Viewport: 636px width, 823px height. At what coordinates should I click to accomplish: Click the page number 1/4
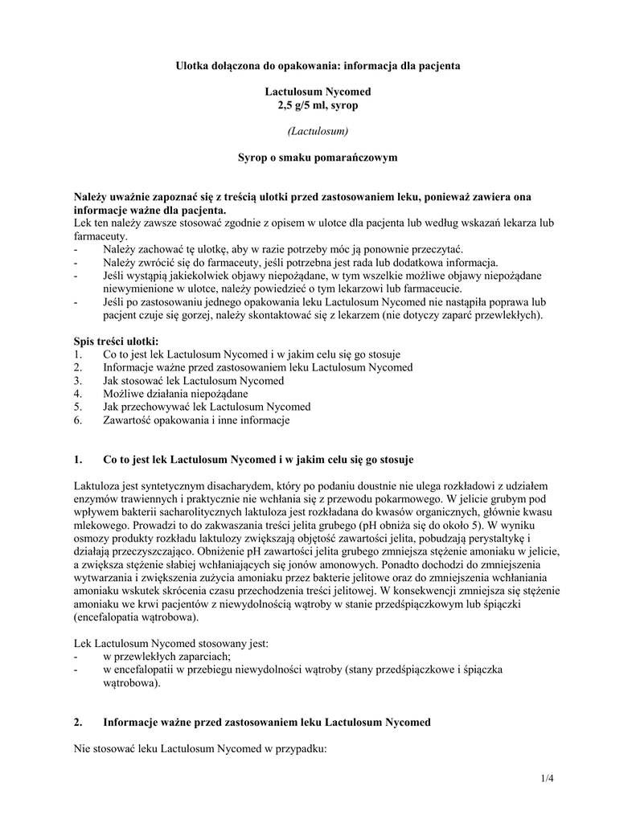point(548,778)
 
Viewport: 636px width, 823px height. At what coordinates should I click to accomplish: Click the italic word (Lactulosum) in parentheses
point(318,130)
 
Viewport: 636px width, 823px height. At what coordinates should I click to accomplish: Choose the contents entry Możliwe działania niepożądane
point(175,394)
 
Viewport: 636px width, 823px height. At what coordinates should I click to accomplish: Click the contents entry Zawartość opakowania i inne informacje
point(196,420)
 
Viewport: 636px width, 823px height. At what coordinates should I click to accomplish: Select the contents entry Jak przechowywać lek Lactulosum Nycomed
point(207,407)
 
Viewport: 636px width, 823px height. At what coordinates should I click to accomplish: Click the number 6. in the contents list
point(78,420)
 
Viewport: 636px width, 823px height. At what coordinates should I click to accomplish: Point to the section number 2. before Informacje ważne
point(78,723)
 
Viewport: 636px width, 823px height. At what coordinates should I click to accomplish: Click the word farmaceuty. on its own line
point(100,237)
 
